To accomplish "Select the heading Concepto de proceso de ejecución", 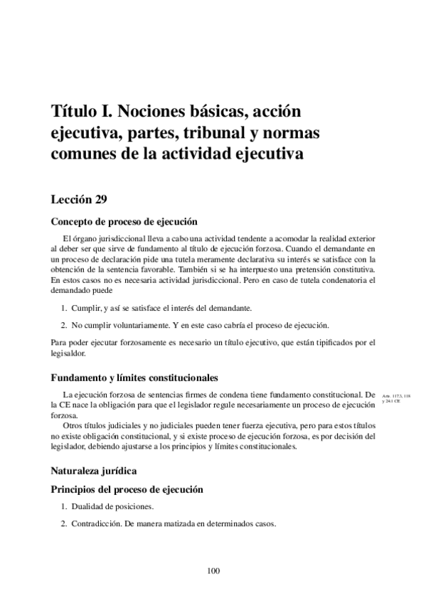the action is [x=124, y=221].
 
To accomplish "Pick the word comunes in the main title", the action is [x=81, y=154].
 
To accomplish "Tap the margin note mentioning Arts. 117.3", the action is [x=395, y=398].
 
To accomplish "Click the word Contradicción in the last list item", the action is [x=96, y=525].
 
